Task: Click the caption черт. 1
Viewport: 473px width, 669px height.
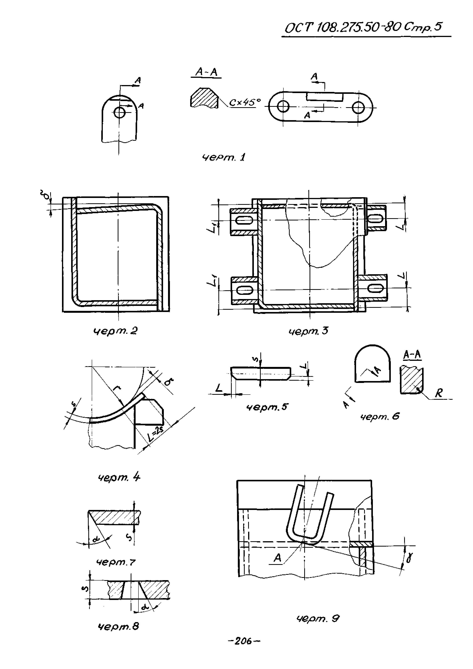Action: click(224, 157)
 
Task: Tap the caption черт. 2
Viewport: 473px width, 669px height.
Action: click(115, 331)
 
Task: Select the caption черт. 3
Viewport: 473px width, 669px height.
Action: click(308, 331)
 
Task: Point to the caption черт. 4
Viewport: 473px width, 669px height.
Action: click(119, 478)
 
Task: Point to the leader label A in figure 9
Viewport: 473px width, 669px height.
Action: click(278, 558)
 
